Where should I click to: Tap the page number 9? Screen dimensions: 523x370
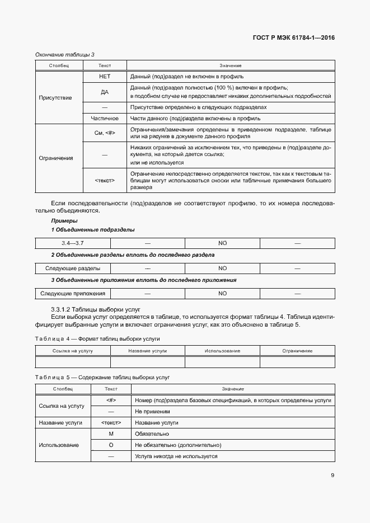tap(332, 475)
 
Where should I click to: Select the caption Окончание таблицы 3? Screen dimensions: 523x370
tap(65, 54)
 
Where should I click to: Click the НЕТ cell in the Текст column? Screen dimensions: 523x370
tap(105, 76)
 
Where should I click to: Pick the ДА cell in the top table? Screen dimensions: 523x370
tap(105, 92)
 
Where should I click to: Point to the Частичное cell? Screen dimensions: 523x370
tap(105, 118)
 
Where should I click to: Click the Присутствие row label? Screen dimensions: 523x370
tap(55, 97)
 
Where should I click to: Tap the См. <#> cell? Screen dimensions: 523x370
tap(105, 133)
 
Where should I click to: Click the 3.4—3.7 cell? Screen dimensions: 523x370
tap(73, 243)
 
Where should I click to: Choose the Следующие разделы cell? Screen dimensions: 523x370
tap(73, 268)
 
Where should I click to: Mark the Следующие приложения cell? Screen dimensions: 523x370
tap(73, 293)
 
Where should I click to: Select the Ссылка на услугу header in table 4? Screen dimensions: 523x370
tap(73, 351)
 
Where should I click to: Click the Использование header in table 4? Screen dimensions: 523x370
tap(222, 351)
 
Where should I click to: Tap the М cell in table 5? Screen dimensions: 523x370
tap(111, 434)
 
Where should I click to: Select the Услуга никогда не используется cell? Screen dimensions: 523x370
tap(176, 456)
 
